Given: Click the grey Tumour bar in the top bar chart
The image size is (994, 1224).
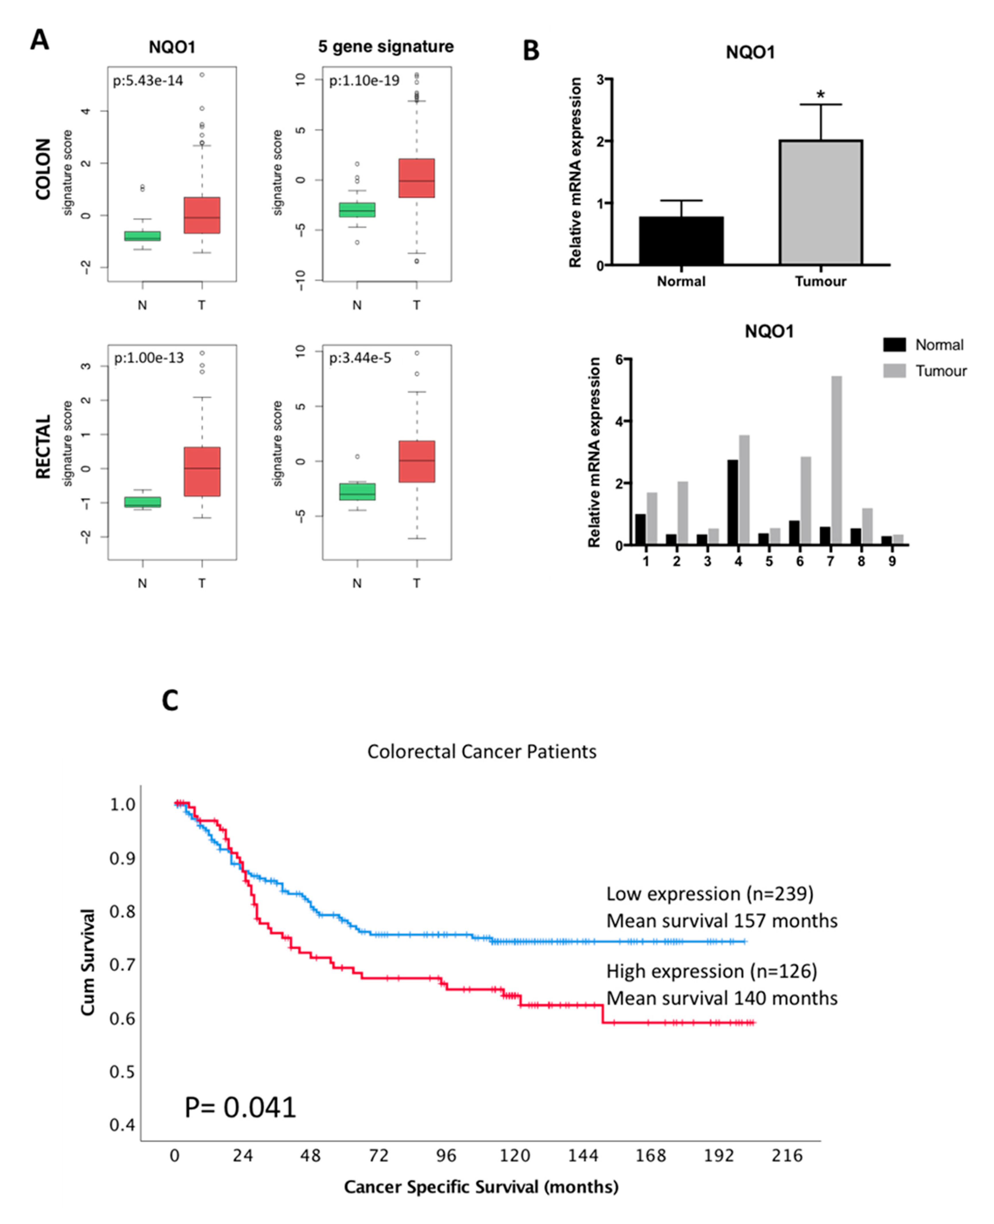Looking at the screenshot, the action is [x=821, y=202].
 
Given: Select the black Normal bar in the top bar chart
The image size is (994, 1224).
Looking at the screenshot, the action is [x=681, y=241].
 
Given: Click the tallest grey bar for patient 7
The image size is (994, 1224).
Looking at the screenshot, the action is [x=836, y=460].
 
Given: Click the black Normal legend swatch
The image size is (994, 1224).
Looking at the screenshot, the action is [x=894, y=345].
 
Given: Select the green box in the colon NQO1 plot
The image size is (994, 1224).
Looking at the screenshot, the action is [x=143, y=236].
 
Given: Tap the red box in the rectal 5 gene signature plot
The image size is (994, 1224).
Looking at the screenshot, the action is [x=417, y=461].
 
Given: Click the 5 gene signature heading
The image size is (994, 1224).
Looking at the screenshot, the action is [x=386, y=47].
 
